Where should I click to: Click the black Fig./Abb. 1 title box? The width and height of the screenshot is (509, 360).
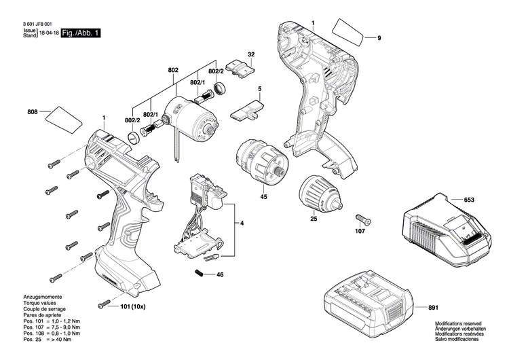click(80, 33)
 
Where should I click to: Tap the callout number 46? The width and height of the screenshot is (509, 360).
click(219, 275)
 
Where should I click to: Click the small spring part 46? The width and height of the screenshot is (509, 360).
click(200, 273)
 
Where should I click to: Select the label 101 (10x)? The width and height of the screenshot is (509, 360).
click(133, 306)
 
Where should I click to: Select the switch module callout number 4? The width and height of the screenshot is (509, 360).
click(241, 223)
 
